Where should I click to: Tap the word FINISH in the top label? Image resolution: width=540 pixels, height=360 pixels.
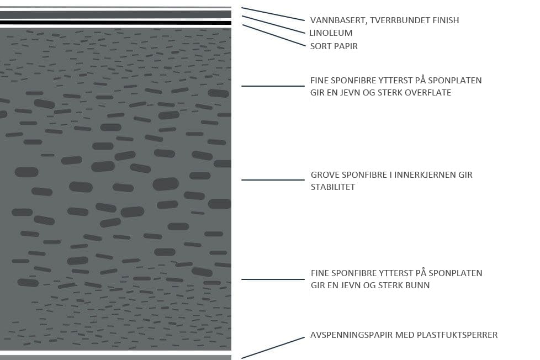(x=444, y=20)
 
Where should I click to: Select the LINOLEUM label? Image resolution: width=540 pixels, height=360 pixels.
(x=331, y=33)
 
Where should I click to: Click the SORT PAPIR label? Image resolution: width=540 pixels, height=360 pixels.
(x=333, y=46)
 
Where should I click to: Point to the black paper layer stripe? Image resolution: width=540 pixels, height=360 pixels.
(x=115, y=23)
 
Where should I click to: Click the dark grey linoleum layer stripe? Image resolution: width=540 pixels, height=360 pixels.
(x=115, y=14)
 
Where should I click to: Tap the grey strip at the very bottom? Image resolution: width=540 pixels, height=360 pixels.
(x=115, y=357)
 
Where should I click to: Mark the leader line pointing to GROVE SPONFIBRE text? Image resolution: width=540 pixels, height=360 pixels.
(x=273, y=180)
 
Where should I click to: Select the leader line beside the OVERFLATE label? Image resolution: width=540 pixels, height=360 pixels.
(x=273, y=86)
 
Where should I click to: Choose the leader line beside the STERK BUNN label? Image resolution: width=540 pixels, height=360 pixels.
(x=273, y=279)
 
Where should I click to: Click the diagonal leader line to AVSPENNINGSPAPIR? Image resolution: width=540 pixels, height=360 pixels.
(x=273, y=348)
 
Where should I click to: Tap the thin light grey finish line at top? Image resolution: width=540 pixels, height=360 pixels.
(x=115, y=7)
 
